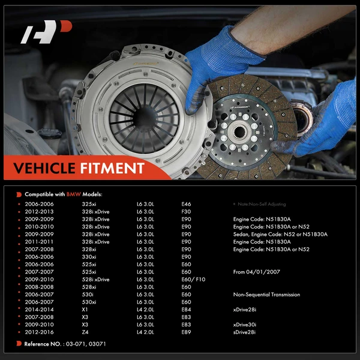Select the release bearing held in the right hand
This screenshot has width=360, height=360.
[x=299, y=118]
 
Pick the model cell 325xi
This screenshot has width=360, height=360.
[x=89, y=204]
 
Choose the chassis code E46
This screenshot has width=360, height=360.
[x=186, y=204]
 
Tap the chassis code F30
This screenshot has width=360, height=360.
[x=186, y=212]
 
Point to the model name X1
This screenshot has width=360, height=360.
[x=84, y=310]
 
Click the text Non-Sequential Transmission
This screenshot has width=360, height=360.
[x=266, y=295]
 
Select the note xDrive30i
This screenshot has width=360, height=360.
[x=247, y=325]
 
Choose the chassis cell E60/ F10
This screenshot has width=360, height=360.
[x=193, y=280]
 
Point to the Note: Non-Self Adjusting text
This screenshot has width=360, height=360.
[x=260, y=205]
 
